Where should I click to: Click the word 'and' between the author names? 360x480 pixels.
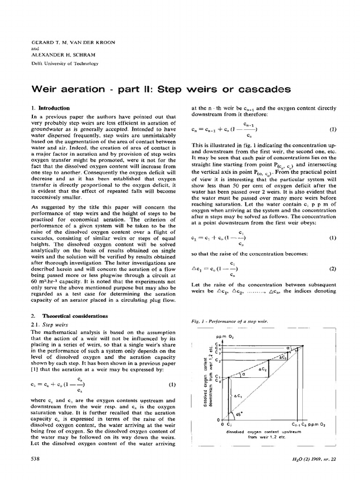(34, 48)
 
